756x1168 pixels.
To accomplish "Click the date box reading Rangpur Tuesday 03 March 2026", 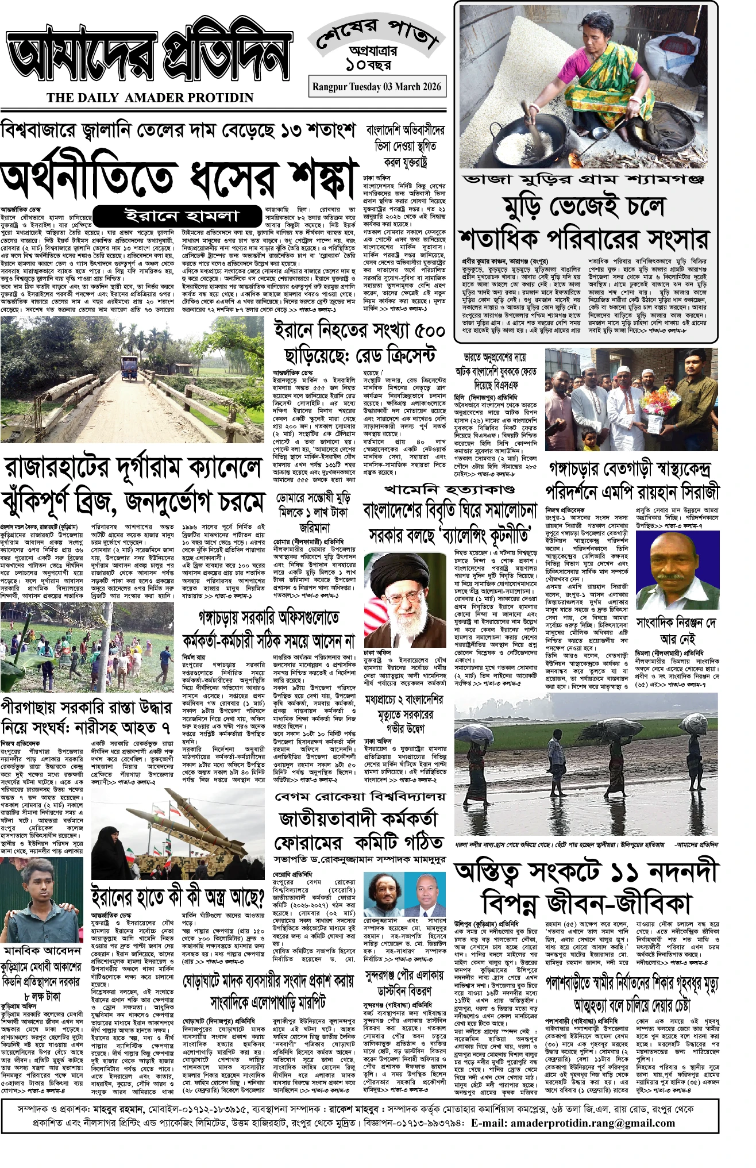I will [377, 86].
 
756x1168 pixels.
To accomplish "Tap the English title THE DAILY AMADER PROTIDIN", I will [151, 98].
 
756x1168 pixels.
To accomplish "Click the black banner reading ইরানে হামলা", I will [181, 217].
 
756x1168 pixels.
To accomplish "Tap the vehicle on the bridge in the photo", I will [129, 368].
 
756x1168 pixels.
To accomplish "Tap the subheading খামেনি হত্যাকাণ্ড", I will [449, 490].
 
